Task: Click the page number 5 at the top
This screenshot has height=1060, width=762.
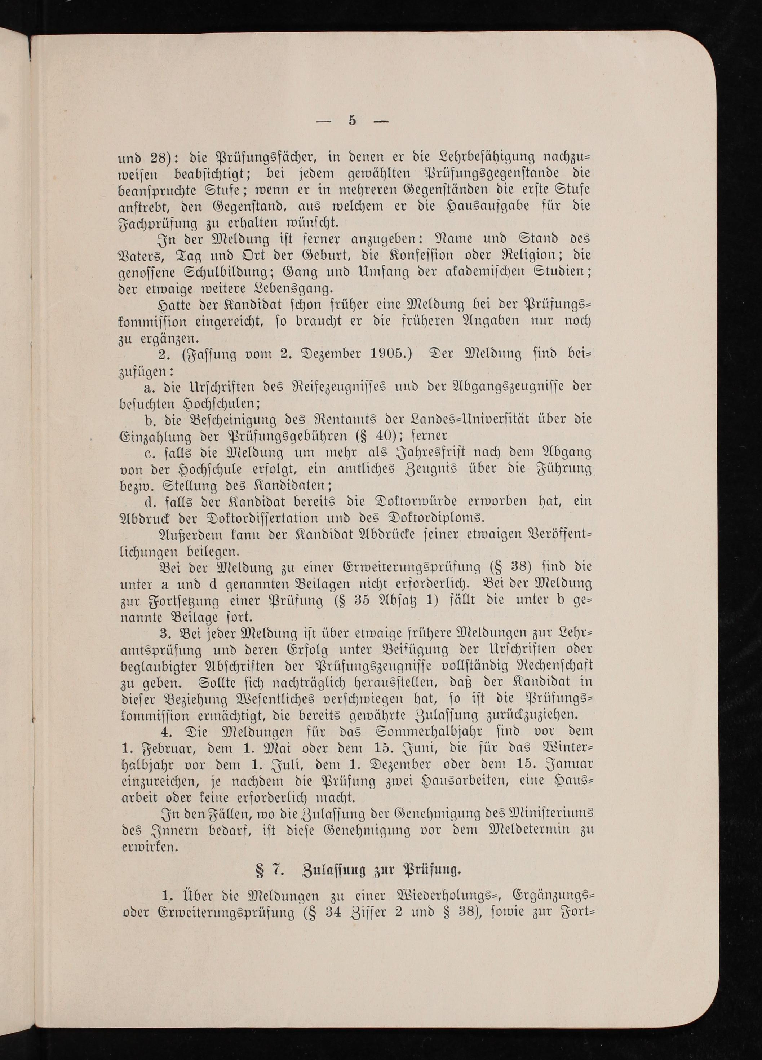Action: [x=352, y=120]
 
